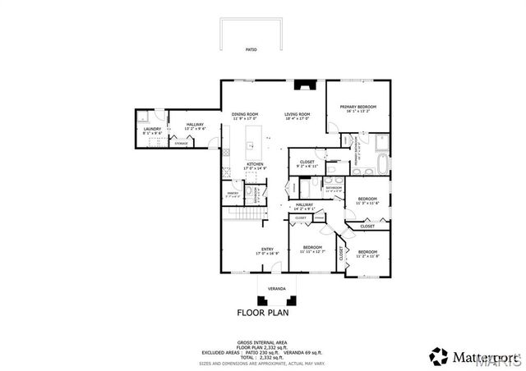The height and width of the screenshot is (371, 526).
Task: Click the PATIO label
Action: pyautogui.click(x=251, y=50)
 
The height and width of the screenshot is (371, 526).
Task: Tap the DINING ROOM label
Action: pyautogui.click(x=245, y=114)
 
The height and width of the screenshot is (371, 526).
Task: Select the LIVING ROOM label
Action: pyautogui.click(x=297, y=114)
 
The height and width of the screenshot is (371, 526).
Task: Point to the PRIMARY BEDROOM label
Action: pyautogui.click(x=358, y=107)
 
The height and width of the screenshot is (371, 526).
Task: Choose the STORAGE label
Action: pyautogui.click(x=180, y=144)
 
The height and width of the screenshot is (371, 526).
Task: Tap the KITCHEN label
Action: pyautogui.click(x=255, y=164)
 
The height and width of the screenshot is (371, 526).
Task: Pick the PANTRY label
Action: pyautogui.click(x=233, y=192)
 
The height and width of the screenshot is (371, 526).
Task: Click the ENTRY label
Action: pyautogui.click(x=267, y=249)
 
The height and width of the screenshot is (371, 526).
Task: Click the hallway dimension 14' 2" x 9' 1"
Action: pyautogui.click(x=304, y=209)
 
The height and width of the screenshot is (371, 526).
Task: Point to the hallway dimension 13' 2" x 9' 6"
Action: pyautogui.click(x=195, y=129)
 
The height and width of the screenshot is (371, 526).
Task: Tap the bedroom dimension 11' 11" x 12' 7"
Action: pyautogui.click(x=313, y=251)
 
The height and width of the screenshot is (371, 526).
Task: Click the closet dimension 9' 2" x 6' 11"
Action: pyautogui.click(x=307, y=167)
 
